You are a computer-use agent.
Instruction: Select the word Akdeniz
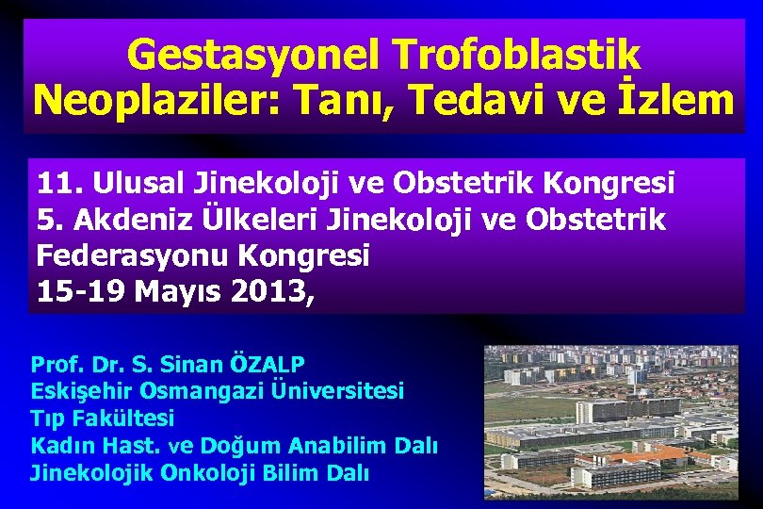tap(127, 220)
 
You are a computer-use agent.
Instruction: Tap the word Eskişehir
tap(80, 390)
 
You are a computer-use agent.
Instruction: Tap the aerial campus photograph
tap(611, 421)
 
